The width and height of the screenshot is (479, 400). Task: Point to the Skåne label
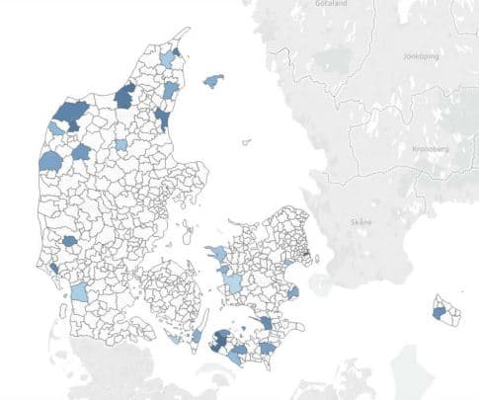(x=361, y=222)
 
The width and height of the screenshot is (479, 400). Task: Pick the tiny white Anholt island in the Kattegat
(x=246, y=141)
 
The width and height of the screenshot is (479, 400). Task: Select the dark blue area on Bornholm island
(x=438, y=312)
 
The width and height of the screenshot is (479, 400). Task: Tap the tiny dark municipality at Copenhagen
(x=306, y=256)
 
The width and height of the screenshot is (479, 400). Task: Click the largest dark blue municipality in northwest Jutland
(x=69, y=116)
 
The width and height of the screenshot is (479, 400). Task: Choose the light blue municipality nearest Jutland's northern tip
(x=168, y=61)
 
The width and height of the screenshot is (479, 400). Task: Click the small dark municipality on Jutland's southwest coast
(x=52, y=269)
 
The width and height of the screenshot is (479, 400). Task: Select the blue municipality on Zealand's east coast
(x=292, y=292)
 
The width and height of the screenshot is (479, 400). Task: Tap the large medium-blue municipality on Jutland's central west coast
(x=49, y=161)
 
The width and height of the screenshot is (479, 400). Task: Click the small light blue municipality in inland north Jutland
(x=120, y=144)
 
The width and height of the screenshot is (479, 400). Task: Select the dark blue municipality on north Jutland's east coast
(x=161, y=120)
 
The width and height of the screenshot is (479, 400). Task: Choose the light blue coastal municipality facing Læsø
(x=171, y=91)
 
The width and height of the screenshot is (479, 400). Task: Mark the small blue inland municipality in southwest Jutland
(x=69, y=240)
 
